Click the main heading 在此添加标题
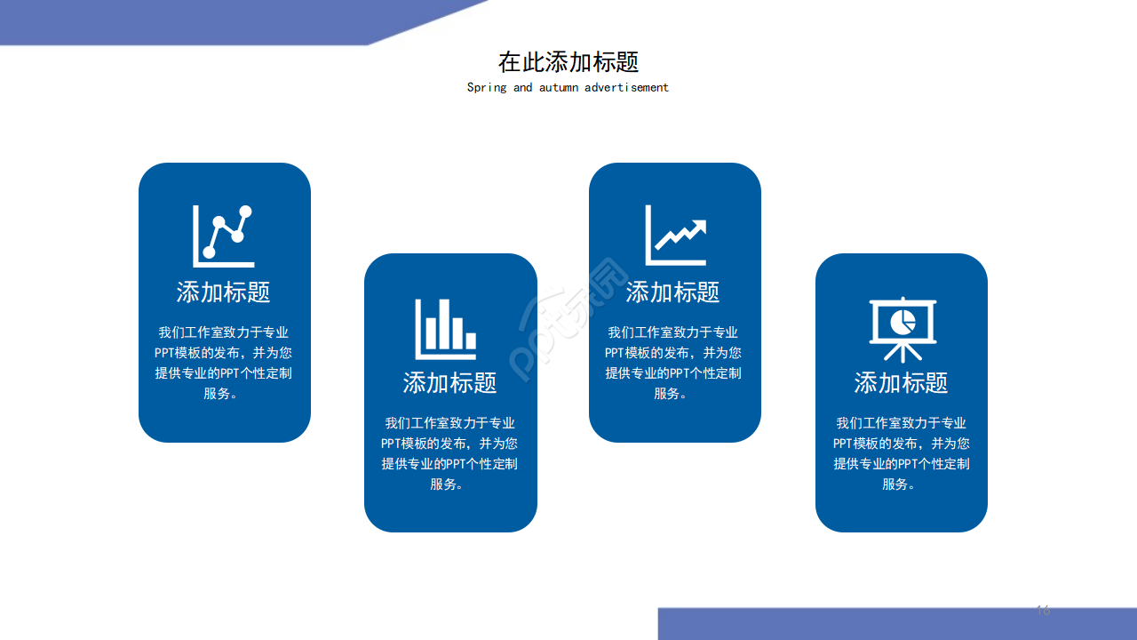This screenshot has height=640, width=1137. (568, 62)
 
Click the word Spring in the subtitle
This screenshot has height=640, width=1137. (487, 87)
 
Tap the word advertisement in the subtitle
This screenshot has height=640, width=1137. (626, 87)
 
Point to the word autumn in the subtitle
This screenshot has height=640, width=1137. (558, 87)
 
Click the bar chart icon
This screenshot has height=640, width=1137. (446, 328)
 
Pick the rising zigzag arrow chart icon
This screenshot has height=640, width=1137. (676, 236)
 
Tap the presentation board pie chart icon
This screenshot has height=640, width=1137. (902, 328)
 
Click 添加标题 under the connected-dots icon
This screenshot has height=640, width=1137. (224, 292)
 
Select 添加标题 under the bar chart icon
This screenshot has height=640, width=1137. (450, 382)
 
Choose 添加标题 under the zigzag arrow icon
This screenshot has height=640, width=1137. (673, 292)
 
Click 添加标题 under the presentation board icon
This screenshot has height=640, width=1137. (901, 382)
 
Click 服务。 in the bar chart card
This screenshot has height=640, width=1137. (447, 484)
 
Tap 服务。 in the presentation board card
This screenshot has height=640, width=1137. (899, 484)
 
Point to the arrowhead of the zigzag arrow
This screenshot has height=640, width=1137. (698, 227)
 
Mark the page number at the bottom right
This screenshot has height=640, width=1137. (1043, 610)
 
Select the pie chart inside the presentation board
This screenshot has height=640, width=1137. (903, 320)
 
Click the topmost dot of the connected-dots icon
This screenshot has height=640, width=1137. (245, 212)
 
